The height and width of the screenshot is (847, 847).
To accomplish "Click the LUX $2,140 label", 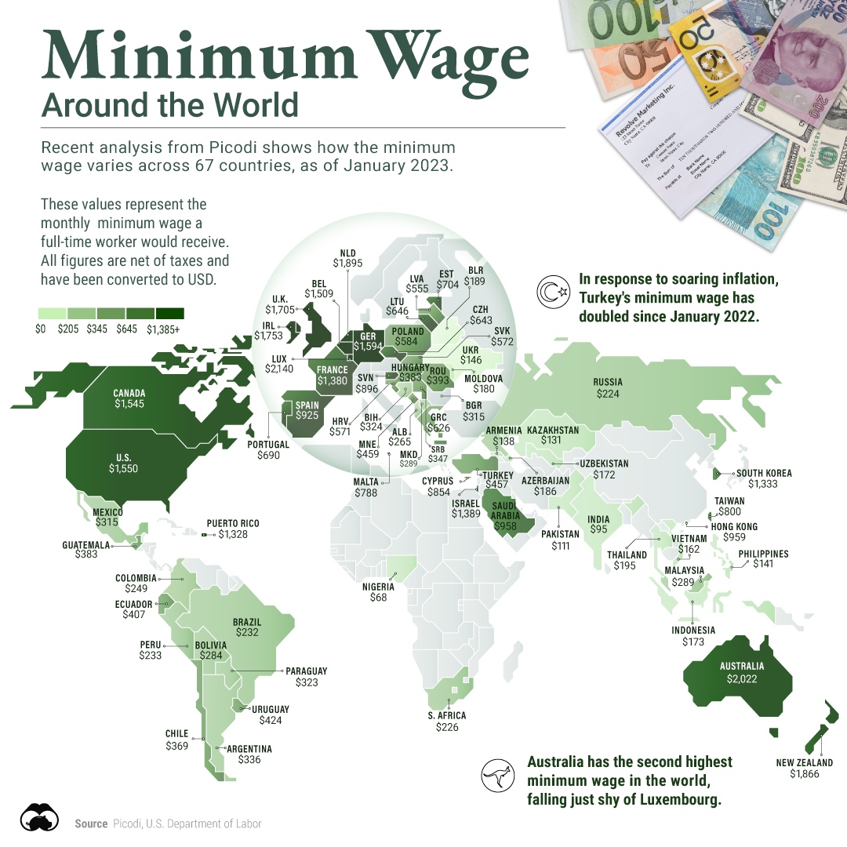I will coord(281,363).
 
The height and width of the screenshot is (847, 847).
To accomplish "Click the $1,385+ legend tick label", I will coord(162,329).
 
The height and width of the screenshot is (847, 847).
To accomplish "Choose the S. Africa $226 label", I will coord(447,722).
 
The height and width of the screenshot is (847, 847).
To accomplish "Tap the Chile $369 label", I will coord(176,740).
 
